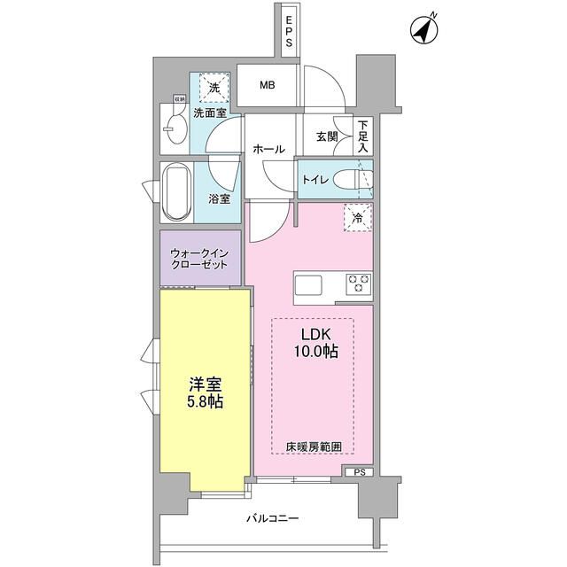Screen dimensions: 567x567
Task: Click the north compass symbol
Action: coord(424,31)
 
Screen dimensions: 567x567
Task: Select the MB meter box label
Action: coord(267,85)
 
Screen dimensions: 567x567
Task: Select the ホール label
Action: coord(268,149)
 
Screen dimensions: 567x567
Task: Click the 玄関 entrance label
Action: coord(326,136)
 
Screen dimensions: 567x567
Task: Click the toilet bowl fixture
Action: coord(360,179)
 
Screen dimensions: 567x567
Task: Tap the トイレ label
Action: coord(317,180)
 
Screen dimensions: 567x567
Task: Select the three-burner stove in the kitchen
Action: coord(358,283)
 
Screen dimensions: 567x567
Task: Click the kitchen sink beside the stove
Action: coord(309,286)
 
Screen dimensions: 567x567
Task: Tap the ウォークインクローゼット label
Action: coord(200,259)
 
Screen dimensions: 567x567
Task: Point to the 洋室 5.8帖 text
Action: coord(205,393)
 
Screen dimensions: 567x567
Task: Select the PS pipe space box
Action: coord(358,472)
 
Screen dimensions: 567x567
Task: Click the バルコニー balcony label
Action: coord(272,518)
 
